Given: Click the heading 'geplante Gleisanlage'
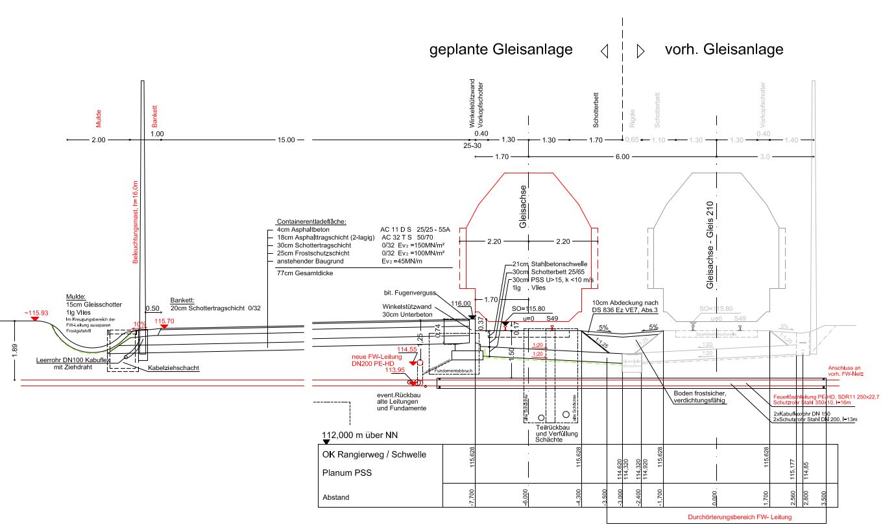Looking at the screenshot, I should tap(501, 49).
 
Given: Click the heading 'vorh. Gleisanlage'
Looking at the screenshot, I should tap(724, 49).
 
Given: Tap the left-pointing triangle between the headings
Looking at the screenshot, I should tap(605, 51).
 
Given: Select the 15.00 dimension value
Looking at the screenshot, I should tap(285, 140).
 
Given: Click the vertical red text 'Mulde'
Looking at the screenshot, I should tap(99, 117).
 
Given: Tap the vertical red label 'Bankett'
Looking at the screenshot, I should tap(154, 115).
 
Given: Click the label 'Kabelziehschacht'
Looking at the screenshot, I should tap(173, 368).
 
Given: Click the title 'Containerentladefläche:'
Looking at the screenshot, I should tap(311, 221).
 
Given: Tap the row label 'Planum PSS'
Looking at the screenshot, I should tap(346, 473).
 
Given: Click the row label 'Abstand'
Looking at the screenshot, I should tap(336, 498).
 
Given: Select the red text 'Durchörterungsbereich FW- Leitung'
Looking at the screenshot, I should tap(740, 517).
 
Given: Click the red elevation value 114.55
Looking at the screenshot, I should tap(407, 349).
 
